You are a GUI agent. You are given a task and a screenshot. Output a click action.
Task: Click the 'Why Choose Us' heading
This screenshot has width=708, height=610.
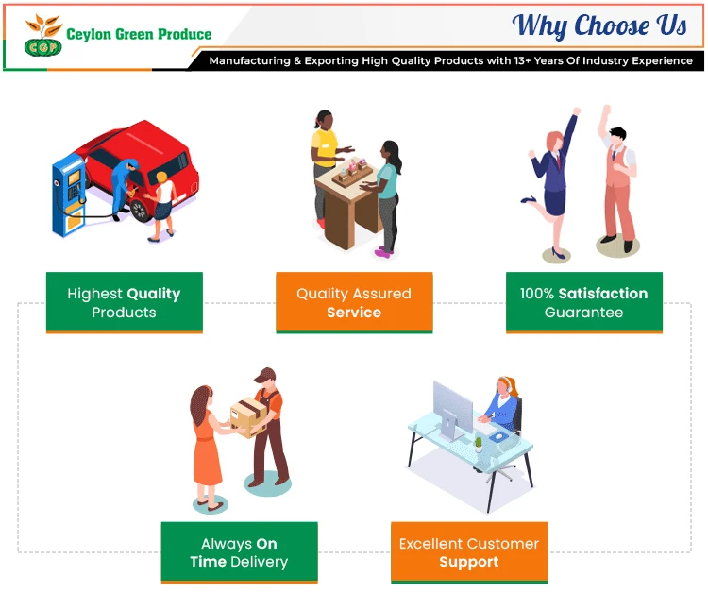tap(599, 25)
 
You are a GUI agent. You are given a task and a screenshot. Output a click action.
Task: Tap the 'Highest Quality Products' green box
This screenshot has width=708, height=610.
tap(124, 302)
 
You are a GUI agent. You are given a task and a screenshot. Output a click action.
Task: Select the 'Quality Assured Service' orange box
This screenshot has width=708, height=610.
tap(354, 302)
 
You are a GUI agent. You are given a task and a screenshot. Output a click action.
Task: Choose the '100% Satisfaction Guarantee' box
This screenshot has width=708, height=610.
tap(583, 302)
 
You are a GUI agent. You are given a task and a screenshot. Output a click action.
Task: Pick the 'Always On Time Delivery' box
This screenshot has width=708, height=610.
tap(239, 552)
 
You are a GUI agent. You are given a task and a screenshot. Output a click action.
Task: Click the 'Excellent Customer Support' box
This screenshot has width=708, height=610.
tap(469, 552)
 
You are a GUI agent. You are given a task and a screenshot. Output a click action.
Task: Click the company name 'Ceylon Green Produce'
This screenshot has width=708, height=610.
tap(139, 34)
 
